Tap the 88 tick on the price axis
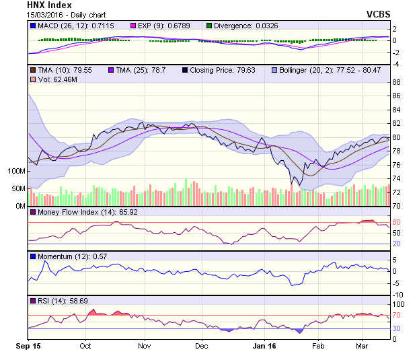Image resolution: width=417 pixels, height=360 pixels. [396, 82]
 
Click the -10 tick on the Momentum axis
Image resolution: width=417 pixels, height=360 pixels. [397, 294]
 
